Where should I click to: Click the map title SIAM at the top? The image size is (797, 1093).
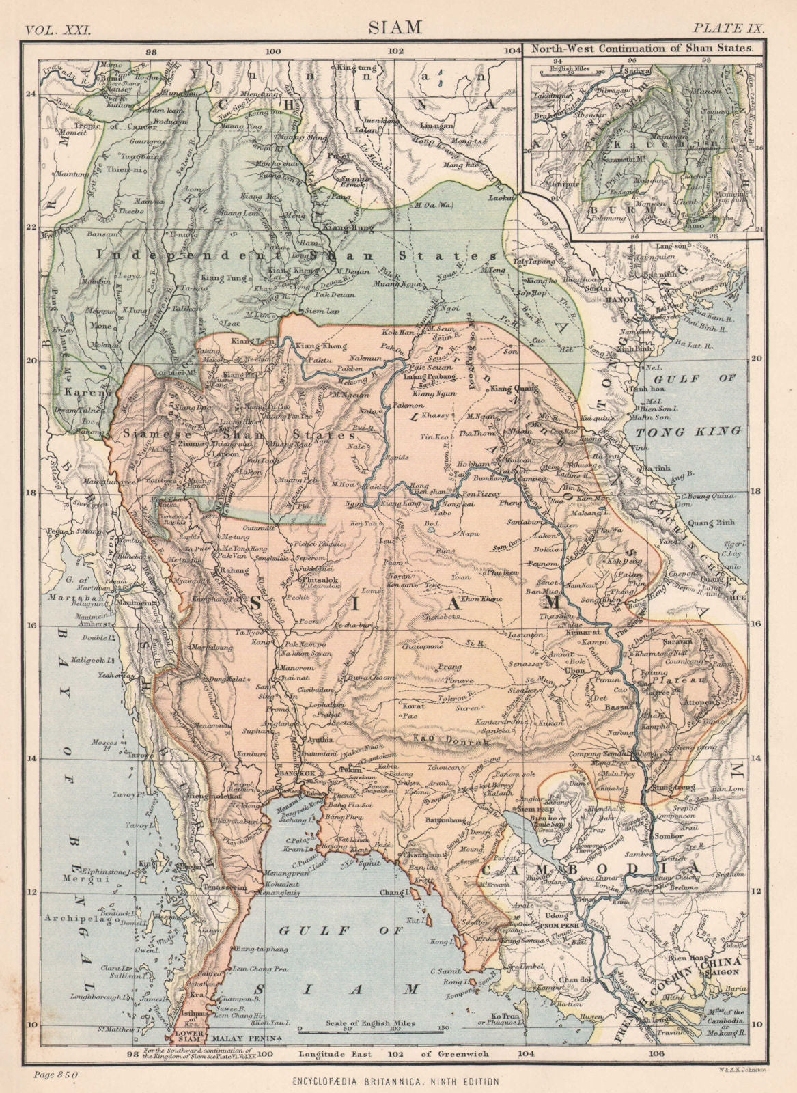pyautogui.click(x=396, y=27)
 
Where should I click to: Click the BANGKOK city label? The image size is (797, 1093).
pyautogui.click(x=313, y=771)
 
